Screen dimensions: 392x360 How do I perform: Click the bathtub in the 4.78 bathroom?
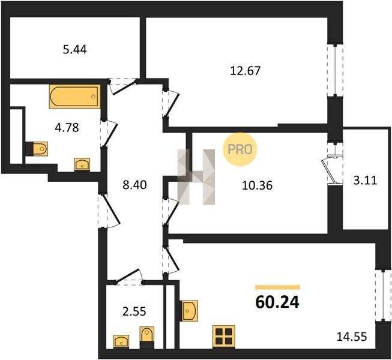pos(74,96)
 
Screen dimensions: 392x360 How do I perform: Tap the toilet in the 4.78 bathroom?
pos(37,149)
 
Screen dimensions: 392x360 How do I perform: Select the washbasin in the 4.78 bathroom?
pos(82,164)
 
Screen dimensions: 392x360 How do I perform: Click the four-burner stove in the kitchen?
pos(224,337)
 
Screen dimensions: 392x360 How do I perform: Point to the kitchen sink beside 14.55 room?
pos(188,311)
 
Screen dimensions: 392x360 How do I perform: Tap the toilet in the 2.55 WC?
pos(146,337)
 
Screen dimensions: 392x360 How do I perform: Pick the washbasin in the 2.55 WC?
pos(121,341)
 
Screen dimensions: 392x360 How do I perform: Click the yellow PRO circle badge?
pos(240,149)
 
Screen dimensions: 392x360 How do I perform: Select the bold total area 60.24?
pos(277,302)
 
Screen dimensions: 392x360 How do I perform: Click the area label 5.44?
pos(75,50)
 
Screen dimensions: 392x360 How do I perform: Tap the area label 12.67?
pos(245,71)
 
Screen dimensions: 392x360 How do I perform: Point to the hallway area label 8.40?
pos(134,185)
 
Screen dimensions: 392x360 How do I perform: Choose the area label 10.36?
pos(258,185)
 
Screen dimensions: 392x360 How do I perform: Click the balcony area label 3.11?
pos(365,181)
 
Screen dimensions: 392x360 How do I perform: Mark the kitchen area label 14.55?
pos(352,337)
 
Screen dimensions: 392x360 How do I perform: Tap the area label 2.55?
pos(134,311)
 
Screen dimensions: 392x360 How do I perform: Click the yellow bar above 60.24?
pos(277,287)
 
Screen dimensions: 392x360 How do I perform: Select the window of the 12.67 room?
pos(335,70)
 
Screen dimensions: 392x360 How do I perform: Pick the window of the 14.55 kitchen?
pos(383,295)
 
